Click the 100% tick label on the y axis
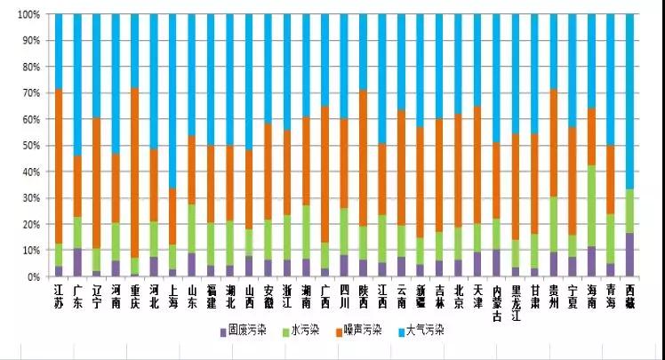pyautogui.click(x=28, y=15)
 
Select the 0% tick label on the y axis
pyautogui.click(x=33, y=276)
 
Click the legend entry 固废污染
pyautogui.click(x=247, y=330)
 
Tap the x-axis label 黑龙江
pyautogui.click(x=516, y=299)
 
